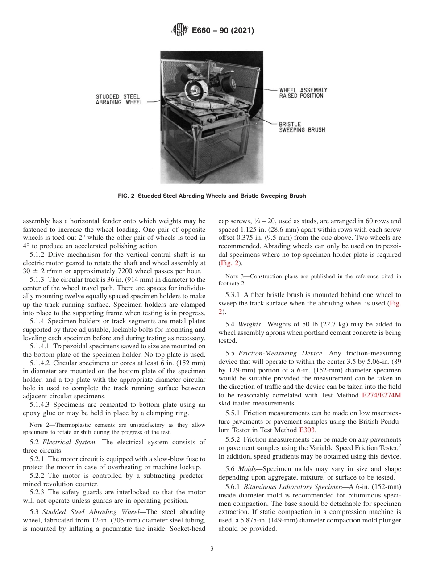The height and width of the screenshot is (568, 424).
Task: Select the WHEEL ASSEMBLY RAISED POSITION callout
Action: point(303,93)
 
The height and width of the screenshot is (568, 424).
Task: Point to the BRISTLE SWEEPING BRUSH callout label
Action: point(302,127)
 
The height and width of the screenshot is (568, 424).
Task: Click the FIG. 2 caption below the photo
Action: point(212,196)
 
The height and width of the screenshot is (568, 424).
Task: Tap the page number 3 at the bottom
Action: point(212,548)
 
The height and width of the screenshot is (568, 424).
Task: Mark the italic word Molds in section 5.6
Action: point(247,469)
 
